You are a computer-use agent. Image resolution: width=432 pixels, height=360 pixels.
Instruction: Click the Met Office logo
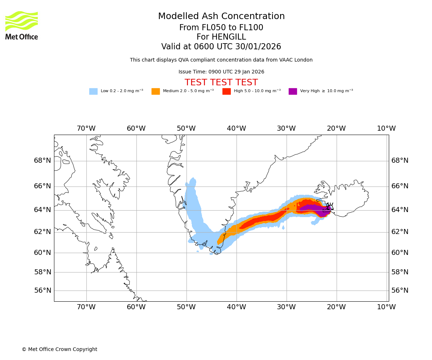point(22,25)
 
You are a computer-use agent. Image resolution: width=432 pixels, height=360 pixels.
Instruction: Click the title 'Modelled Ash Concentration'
point(221,17)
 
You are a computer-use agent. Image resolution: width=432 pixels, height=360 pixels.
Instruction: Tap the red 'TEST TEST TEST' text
point(221,83)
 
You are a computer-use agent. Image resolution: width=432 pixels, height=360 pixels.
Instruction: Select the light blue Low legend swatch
point(93,91)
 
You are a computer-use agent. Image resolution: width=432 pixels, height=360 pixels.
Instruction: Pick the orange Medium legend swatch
point(156,91)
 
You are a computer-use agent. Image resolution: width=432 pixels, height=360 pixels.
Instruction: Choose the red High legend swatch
point(226,91)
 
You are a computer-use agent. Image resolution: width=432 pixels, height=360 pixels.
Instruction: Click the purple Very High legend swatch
point(293,91)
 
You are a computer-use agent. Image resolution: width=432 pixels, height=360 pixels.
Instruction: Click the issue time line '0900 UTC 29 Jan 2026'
point(236,72)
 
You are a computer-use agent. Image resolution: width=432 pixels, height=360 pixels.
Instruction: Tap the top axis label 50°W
point(186,129)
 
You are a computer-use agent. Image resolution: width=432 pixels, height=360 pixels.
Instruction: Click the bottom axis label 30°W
point(286,307)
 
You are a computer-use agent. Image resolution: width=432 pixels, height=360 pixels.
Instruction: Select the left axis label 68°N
point(42,161)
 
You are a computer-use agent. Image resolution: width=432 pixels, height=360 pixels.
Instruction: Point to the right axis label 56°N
point(400,291)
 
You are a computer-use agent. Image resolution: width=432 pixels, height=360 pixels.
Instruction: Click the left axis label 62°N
point(42,232)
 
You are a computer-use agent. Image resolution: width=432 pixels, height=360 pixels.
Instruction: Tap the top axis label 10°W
point(386,129)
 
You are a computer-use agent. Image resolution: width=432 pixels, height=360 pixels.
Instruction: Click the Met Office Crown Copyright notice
point(59,350)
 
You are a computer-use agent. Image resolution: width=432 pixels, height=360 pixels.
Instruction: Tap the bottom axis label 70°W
point(86,307)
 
